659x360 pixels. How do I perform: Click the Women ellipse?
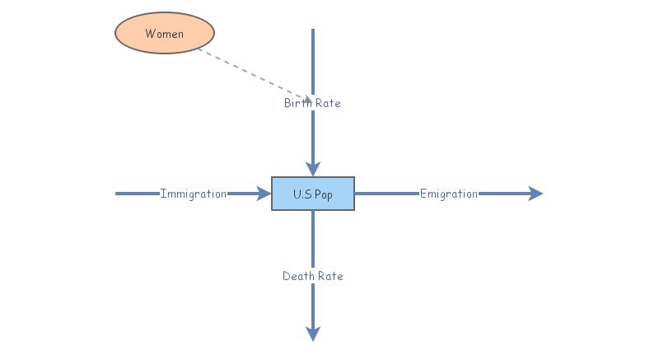[164, 34]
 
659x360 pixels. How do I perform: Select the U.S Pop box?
[313, 194]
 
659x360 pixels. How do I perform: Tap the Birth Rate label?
[312, 103]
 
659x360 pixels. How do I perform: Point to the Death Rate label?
[313, 276]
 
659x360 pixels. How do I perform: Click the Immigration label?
[194, 194]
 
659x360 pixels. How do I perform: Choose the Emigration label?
[449, 194]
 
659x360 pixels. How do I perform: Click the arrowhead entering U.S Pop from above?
[313, 168]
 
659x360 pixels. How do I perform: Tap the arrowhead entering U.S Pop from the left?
[264, 194]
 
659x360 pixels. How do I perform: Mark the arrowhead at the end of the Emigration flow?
[535, 194]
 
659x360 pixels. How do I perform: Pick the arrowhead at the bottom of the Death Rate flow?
[313, 333]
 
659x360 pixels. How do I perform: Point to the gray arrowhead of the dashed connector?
[306, 99]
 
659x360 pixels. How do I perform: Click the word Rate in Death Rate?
[329, 276]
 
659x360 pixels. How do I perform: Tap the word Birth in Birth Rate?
[298, 103]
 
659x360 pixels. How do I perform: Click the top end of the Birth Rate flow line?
[313, 30]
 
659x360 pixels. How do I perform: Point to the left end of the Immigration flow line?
[117, 194]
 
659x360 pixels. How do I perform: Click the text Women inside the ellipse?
[164, 34]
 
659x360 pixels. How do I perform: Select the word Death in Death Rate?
[298, 276]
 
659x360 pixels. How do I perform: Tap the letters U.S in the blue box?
[301, 194]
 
